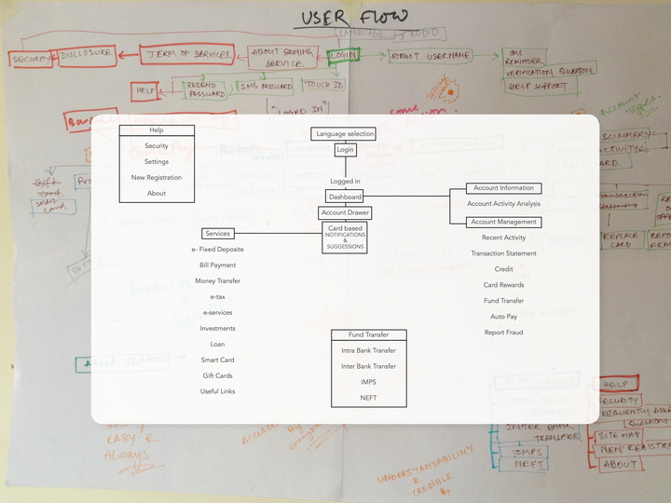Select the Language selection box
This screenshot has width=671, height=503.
click(344, 134)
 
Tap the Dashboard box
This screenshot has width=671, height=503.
click(344, 197)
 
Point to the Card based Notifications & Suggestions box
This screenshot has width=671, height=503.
click(345, 238)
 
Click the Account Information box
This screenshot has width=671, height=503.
click(503, 188)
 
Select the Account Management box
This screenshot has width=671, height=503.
click(503, 222)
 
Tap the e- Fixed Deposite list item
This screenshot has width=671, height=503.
click(217, 250)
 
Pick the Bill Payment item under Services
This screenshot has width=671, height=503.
click(217, 265)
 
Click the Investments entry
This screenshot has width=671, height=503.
click(217, 328)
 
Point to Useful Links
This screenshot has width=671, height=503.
click(217, 391)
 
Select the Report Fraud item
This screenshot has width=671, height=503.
click(503, 333)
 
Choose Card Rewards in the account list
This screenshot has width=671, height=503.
click(503, 285)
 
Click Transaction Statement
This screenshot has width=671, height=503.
click(503, 253)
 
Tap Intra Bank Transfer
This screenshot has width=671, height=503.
click(368, 350)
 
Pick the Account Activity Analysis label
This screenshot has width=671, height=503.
click(503, 204)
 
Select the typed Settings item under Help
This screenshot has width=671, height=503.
click(157, 162)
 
